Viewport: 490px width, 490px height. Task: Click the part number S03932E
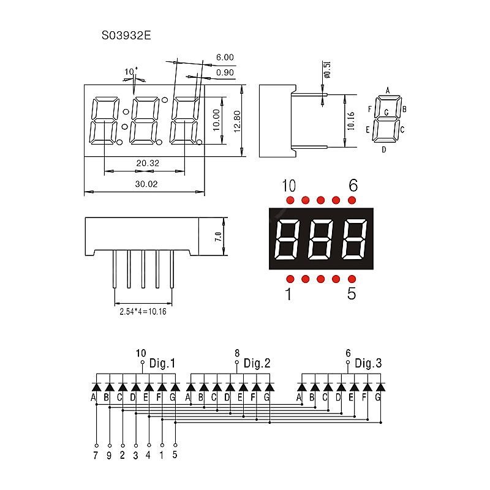pyautogui.click(x=126, y=36)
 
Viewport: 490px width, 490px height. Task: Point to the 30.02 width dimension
pyautogui.click(x=143, y=183)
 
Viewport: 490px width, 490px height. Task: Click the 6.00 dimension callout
pyautogui.click(x=225, y=58)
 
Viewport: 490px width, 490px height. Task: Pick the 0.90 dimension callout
pyautogui.click(x=225, y=73)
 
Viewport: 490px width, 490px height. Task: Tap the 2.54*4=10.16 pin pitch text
pyautogui.click(x=143, y=311)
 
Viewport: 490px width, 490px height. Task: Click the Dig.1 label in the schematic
pyautogui.click(x=162, y=363)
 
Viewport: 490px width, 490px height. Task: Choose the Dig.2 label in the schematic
pyautogui.click(x=257, y=363)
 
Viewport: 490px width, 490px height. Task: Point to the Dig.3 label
pyautogui.click(x=368, y=363)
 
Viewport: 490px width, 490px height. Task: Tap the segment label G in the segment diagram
pyautogui.click(x=386, y=113)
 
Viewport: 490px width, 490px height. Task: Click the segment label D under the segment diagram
pyautogui.click(x=384, y=149)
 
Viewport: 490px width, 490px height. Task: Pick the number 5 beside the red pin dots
pyautogui.click(x=351, y=294)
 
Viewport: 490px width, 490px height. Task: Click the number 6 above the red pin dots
pyautogui.click(x=352, y=185)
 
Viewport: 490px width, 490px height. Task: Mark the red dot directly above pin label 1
pyautogui.click(x=290, y=279)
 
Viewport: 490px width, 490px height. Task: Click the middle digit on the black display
pyautogui.click(x=321, y=239)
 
